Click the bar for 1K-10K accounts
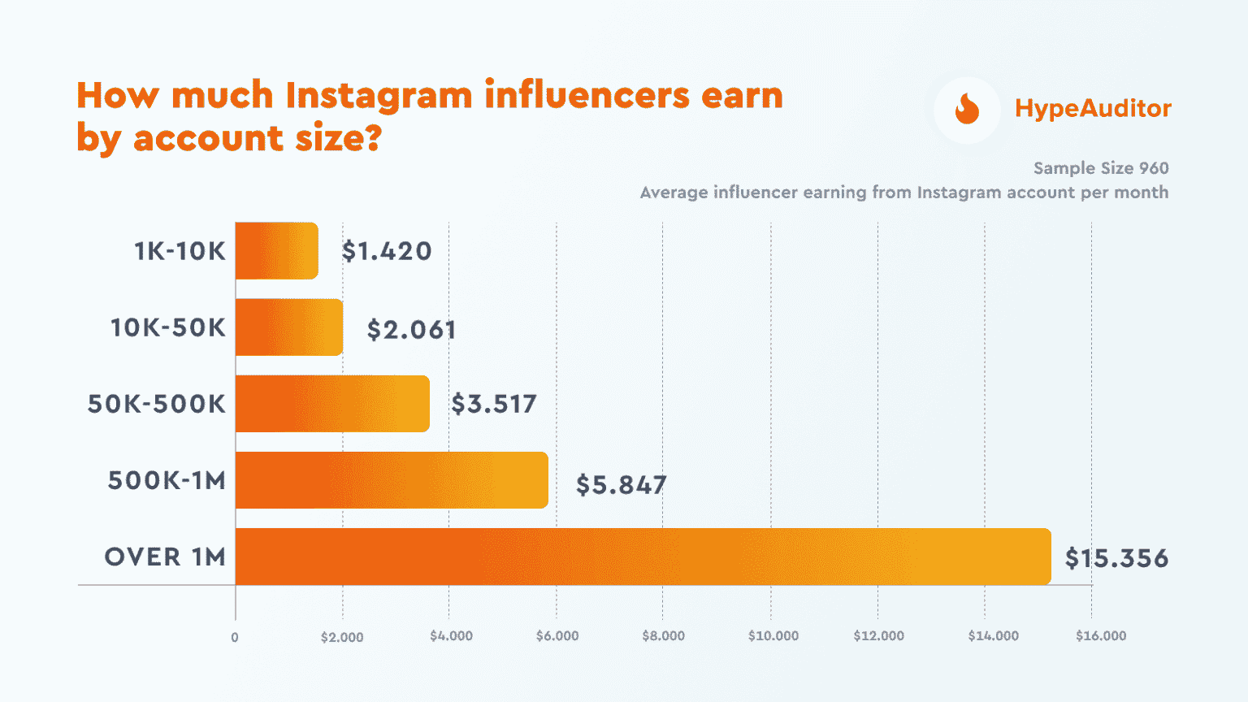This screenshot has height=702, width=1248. click(276, 251)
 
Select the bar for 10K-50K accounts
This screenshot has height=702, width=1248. click(288, 327)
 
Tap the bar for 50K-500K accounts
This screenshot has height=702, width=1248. click(332, 404)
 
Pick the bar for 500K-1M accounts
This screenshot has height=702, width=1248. click(392, 480)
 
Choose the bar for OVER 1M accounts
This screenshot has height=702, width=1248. click(643, 557)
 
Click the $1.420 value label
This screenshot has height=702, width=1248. click(387, 251)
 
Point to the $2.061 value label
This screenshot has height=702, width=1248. click(411, 329)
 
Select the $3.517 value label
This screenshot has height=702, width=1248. click(494, 404)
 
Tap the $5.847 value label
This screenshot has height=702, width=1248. click(621, 485)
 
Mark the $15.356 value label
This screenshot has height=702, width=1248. click(1116, 558)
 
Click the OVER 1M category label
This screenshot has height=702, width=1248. click(165, 557)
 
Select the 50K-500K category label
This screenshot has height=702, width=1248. click(157, 404)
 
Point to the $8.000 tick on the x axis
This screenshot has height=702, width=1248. click(663, 636)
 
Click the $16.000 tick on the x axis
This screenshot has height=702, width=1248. click(1101, 636)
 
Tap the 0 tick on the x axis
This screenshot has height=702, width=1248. click(235, 638)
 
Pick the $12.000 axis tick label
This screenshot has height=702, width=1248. click(878, 636)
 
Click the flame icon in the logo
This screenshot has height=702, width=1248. click(967, 109)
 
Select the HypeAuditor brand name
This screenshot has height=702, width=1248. click(1093, 109)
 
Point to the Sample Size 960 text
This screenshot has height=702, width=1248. click(1101, 168)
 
